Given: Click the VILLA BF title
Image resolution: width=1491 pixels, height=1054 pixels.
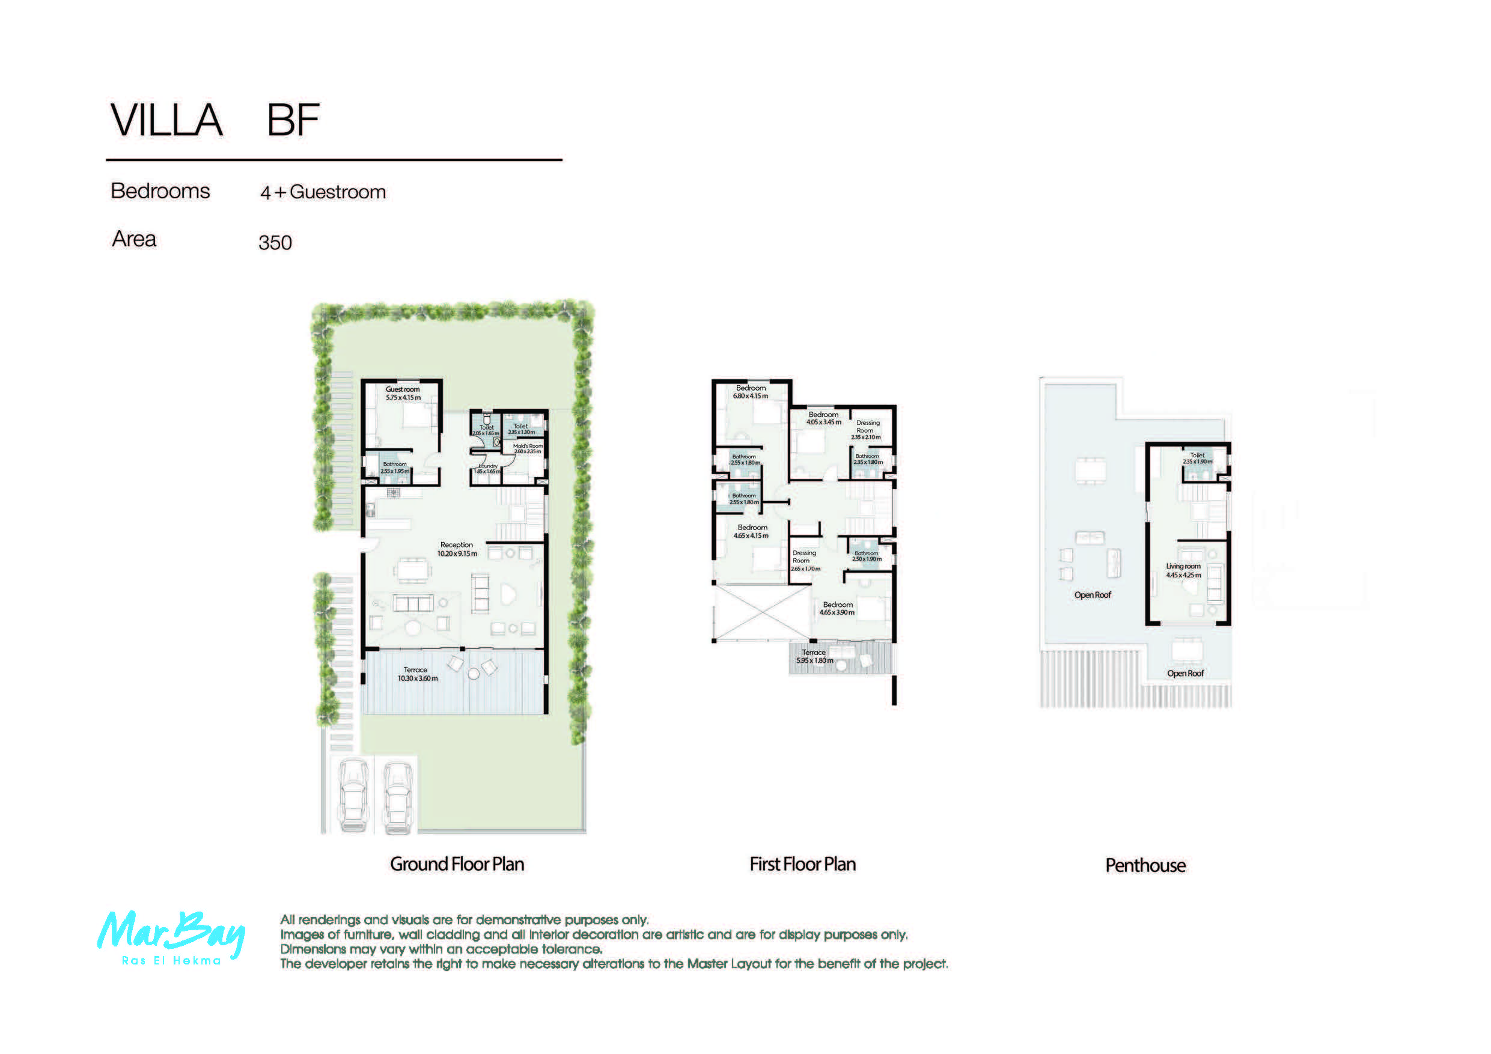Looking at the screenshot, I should click(215, 120).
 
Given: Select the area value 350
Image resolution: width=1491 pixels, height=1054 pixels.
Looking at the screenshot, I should click(275, 243).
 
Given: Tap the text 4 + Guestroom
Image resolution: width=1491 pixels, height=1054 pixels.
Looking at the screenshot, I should click(323, 192).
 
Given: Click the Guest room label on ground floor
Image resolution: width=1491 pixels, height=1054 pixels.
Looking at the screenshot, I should click(403, 394).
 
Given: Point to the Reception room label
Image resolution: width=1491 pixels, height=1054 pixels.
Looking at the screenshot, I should click(457, 549).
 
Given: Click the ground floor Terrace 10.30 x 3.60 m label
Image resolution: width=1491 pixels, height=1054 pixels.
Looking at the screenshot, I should click(417, 674).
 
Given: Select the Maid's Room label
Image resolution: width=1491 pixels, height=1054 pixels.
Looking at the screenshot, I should click(527, 449).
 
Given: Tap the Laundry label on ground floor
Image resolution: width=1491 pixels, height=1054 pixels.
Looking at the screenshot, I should click(488, 468).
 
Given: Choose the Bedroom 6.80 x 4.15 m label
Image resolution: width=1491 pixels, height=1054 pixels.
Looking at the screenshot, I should click(750, 392).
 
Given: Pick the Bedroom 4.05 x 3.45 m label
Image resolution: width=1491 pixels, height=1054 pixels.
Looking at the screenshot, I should click(823, 418).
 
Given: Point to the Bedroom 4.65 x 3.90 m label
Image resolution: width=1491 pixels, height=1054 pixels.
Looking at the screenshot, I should click(837, 609).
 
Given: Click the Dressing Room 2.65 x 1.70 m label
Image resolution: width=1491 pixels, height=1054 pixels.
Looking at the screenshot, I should click(804, 561).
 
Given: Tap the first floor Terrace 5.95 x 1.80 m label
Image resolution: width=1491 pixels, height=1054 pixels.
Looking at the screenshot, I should click(814, 657).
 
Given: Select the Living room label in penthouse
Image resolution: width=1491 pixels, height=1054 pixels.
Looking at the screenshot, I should click(1183, 570).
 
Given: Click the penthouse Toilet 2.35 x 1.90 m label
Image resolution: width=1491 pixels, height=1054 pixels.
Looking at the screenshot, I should click(1197, 458).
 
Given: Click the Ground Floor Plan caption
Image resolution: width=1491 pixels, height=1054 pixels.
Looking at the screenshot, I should click(457, 864).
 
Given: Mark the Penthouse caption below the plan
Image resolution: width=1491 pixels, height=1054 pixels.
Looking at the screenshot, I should click(1145, 866).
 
